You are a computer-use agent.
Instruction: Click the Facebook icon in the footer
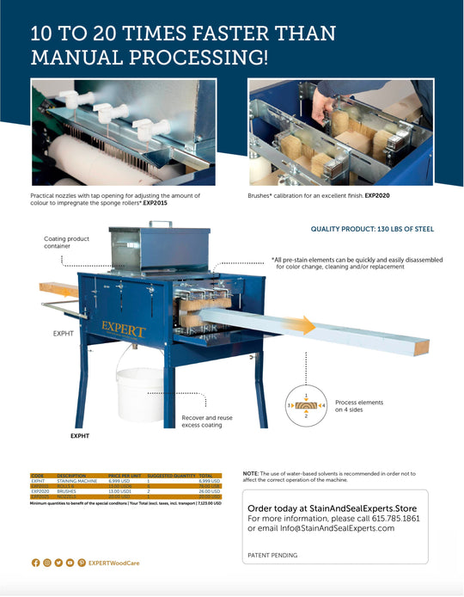(x=35, y=562)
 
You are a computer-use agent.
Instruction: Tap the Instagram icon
(x=47, y=562)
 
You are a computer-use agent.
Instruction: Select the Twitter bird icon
(x=58, y=562)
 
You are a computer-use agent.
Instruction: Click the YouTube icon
(x=70, y=562)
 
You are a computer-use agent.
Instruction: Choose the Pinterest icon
(x=82, y=562)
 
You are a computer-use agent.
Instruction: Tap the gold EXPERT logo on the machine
(x=124, y=329)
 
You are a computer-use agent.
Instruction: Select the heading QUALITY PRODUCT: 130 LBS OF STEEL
(x=372, y=230)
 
